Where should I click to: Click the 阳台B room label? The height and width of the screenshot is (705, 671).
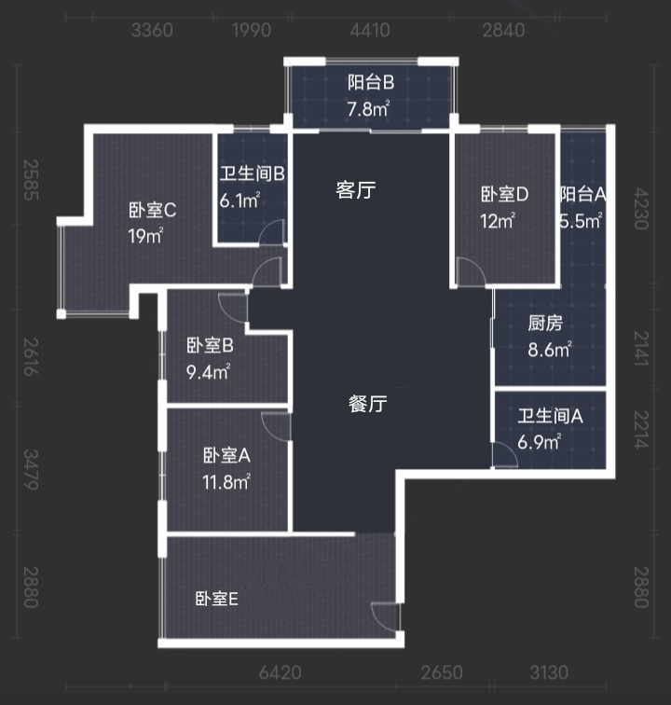pyautogui.click(x=370, y=82)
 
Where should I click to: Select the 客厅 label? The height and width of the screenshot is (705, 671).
pyautogui.click(x=355, y=191)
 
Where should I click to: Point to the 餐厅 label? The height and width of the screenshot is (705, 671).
pyautogui.click(x=368, y=405)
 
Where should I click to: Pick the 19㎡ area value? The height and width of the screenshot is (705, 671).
pyautogui.click(x=146, y=236)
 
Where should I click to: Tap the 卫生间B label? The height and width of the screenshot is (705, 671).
pyautogui.click(x=252, y=173)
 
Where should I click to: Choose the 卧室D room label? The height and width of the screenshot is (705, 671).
pyautogui.click(x=505, y=195)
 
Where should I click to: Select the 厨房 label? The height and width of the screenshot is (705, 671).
pyautogui.click(x=545, y=325)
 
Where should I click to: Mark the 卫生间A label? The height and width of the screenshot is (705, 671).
pyautogui.click(x=550, y=417)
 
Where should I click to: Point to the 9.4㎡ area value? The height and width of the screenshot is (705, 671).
pyautogui.click(x=208, y=371)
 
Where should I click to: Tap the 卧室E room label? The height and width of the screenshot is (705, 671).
pyautogui.click(x=217, y=599)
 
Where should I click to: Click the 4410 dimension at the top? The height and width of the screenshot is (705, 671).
pyautogui.click(x=370, y=31)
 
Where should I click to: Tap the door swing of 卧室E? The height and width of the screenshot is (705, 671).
pyautogui.click(x=384, y=616)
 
